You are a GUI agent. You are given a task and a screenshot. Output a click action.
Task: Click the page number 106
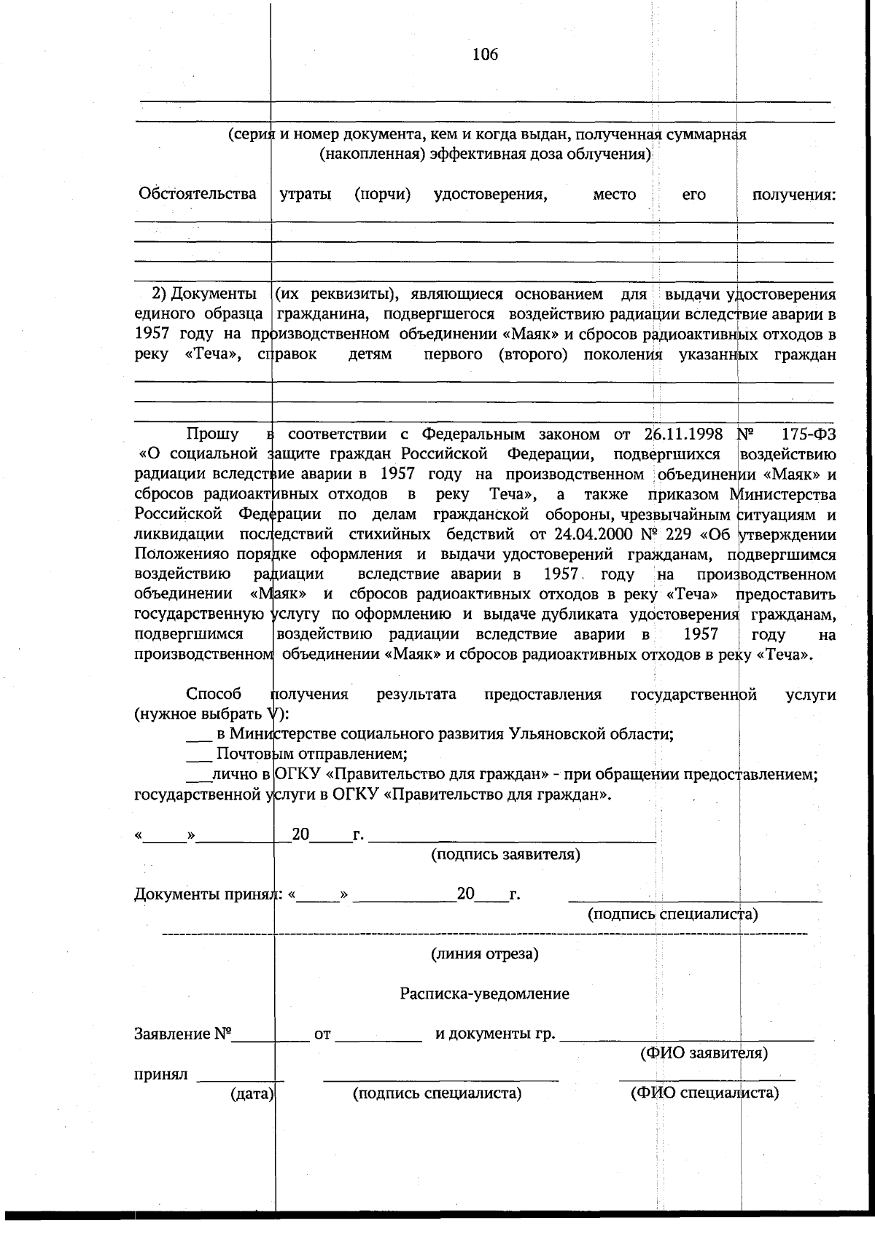pyautogui.click(x=485, y=54)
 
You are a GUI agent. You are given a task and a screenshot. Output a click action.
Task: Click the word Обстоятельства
pyautogui.click(x=197, y=194)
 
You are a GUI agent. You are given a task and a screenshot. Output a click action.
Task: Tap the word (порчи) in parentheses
pyautogui.click(x=382, y=194)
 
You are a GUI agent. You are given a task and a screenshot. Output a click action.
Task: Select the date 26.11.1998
pyautogui.click(x=683, y=434)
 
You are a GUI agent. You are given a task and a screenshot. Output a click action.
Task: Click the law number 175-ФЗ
pyautogui.click(x=809, y=434)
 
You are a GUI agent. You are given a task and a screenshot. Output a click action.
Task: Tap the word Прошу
pyautogui.click(x=212, y=434)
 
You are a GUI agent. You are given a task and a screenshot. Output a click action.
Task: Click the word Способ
pyautogui.click(x=213, y=694)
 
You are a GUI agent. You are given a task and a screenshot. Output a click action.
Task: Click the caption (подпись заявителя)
pyautogui.click(x=506, y=854)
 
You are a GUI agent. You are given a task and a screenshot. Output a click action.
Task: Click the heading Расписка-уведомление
pyautogui.click(x=484, y=994)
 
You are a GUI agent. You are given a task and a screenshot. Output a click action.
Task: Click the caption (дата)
pyautogui.click(x=252, y=1094)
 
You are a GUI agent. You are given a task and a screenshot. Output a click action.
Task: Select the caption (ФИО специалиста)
pyautogui.click(x=704, y=1093)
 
